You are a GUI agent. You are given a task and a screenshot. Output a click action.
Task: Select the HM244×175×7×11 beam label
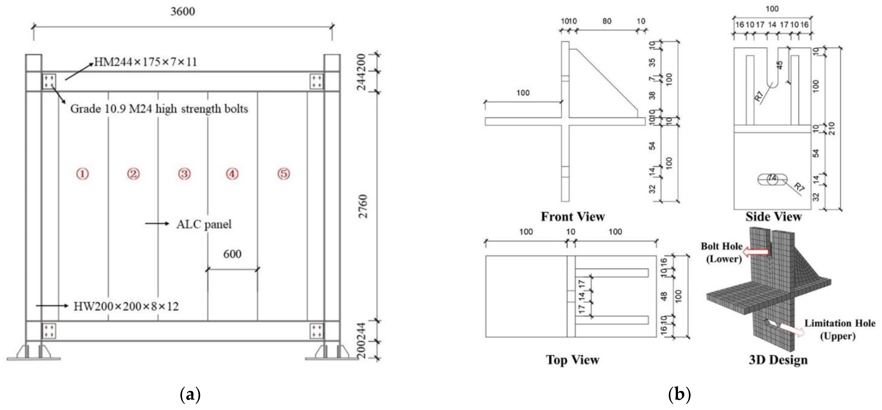coord(145,62)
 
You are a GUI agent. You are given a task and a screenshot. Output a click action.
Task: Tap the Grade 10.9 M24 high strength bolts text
coord(159,109)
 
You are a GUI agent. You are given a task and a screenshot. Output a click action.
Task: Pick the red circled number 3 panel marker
coord(184,174)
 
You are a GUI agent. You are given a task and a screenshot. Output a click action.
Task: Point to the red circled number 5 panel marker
coord(283,174)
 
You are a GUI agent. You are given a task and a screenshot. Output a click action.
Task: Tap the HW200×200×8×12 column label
coord(126,306)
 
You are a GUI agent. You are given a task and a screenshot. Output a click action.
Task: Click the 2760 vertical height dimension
coord(363,206)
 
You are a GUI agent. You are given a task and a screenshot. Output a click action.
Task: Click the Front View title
coord(573,217)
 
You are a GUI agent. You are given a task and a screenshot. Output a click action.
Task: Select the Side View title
coord(773,217)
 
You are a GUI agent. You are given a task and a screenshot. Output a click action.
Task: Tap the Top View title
coord(573,360)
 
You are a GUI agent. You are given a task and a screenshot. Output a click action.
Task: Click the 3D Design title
coord(778,360)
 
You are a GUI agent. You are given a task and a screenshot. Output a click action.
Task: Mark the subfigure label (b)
coord(679,395)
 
